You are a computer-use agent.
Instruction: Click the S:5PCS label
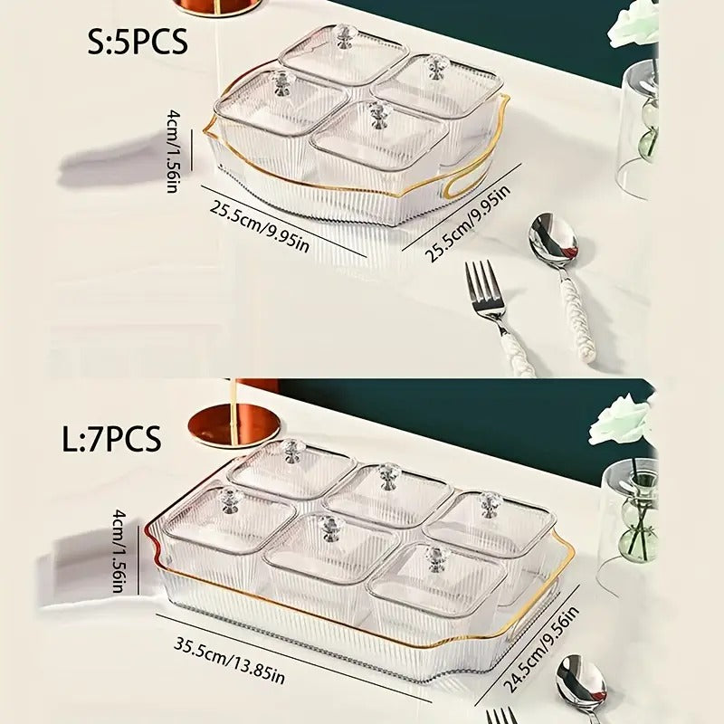tap(138, 42)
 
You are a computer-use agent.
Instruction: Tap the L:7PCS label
tap(111, 438)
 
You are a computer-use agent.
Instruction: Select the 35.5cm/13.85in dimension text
tap(229, 661)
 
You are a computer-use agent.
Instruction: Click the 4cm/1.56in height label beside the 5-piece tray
tap(174, 150)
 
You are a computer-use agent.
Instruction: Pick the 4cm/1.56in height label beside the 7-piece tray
tap(119, 551)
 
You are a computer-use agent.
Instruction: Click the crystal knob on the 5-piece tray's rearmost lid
tap(343, 35)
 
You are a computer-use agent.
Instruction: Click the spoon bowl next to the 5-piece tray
tap(553, 240)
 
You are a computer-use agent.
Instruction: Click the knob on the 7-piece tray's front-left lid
tap(228, 500)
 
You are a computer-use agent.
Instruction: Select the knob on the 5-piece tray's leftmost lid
tap(281, 83)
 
